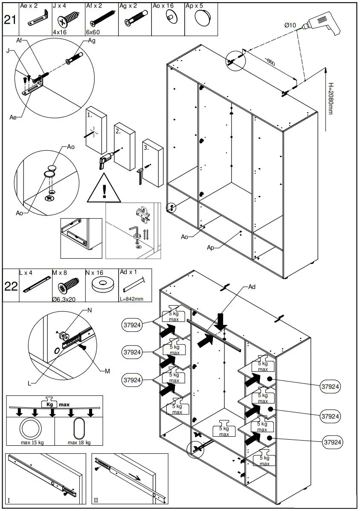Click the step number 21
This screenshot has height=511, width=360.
(10, 20)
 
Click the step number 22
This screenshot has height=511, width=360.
(11, 286)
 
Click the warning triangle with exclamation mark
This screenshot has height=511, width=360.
(104, 190)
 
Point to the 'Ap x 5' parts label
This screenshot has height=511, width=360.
(195, 6)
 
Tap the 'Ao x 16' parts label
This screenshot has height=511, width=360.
(163, 6)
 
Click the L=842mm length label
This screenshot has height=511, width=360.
(131, 299)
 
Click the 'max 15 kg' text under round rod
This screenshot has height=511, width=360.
(32, 442)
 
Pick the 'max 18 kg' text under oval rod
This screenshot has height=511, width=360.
(79, 442)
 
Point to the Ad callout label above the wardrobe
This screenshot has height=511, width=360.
(252, 287)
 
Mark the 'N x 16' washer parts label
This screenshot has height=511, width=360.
(94, 272)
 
